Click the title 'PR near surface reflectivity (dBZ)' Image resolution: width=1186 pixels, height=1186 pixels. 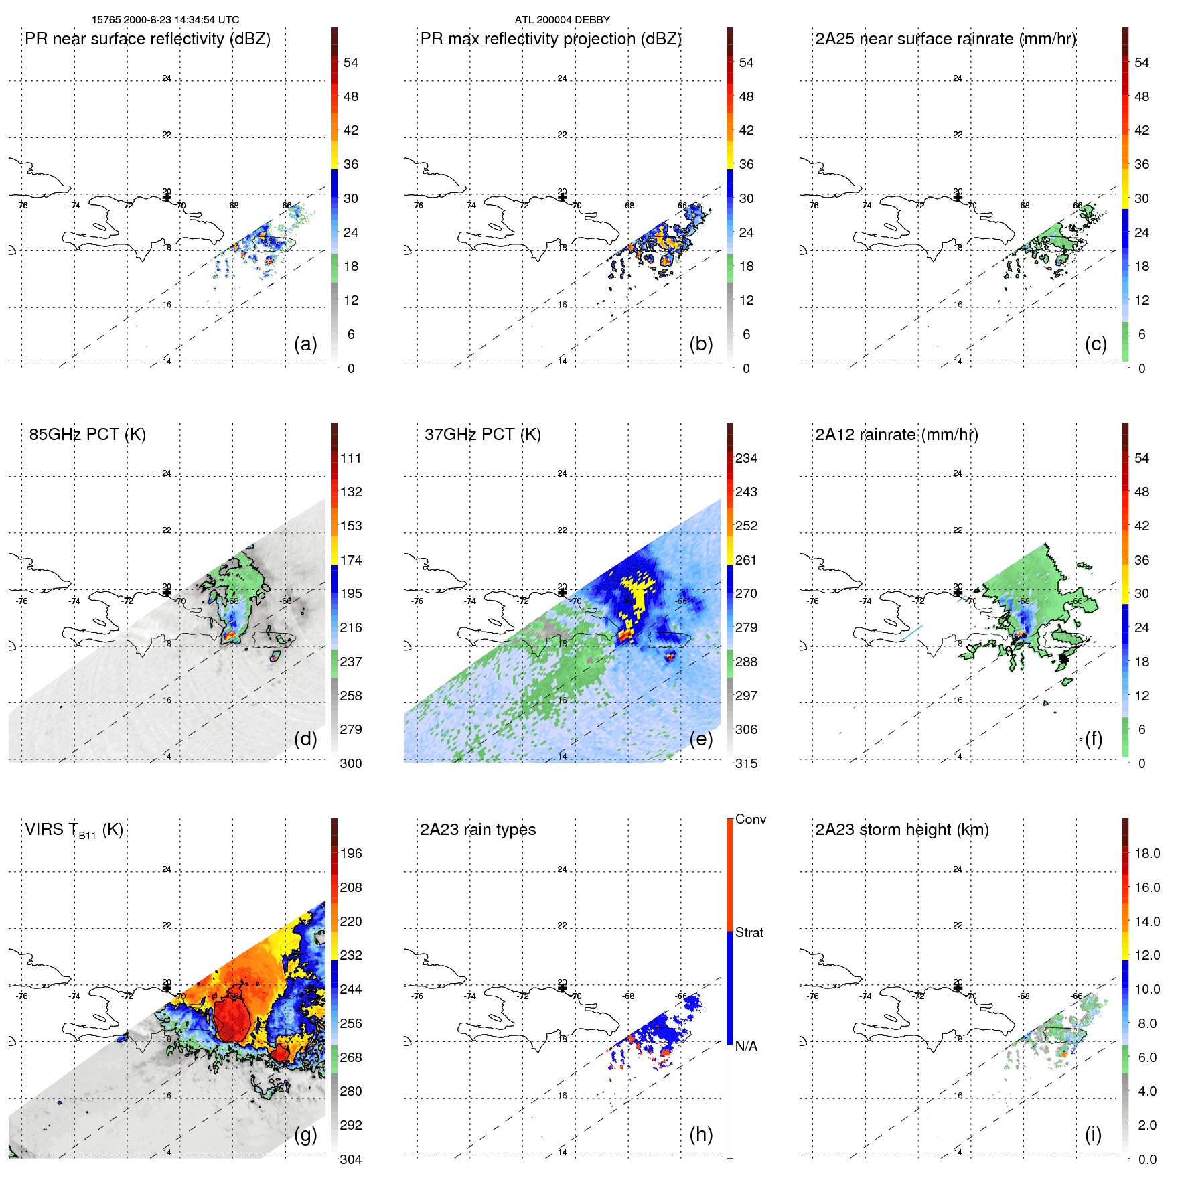tap(147, 39)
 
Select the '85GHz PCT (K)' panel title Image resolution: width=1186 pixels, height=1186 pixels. tap(87, 435)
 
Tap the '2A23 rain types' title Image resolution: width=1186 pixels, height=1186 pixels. tap(477, 830)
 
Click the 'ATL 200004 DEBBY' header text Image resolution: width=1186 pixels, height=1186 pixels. tap(562, 20)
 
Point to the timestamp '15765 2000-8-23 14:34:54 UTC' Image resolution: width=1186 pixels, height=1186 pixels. tap(165, 20)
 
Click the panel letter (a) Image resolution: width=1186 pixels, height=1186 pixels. tap(305, 344)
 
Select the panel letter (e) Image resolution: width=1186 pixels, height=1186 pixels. tap(701, 739)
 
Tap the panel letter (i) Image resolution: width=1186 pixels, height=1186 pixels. tap(1093, 1134)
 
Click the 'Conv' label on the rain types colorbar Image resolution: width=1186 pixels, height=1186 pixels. tap(751, 819)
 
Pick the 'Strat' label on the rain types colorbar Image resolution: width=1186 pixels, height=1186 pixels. tap(749, 932)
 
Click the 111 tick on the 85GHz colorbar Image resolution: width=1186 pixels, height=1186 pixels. tap(351, 458)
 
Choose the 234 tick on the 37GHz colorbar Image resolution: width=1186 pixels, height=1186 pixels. tap(746, 458)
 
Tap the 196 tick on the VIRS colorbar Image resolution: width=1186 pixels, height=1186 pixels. tap(351, 853)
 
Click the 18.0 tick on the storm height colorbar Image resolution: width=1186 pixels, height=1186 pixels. tap(1147, 853)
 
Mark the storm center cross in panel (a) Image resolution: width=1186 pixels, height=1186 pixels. tap(167, 197)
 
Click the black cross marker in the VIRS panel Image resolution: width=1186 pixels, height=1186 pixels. tap(167, 988)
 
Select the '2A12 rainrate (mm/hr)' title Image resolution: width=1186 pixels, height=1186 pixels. tap(897, 435)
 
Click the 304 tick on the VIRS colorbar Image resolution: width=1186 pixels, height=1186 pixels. tap(351, 1159)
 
